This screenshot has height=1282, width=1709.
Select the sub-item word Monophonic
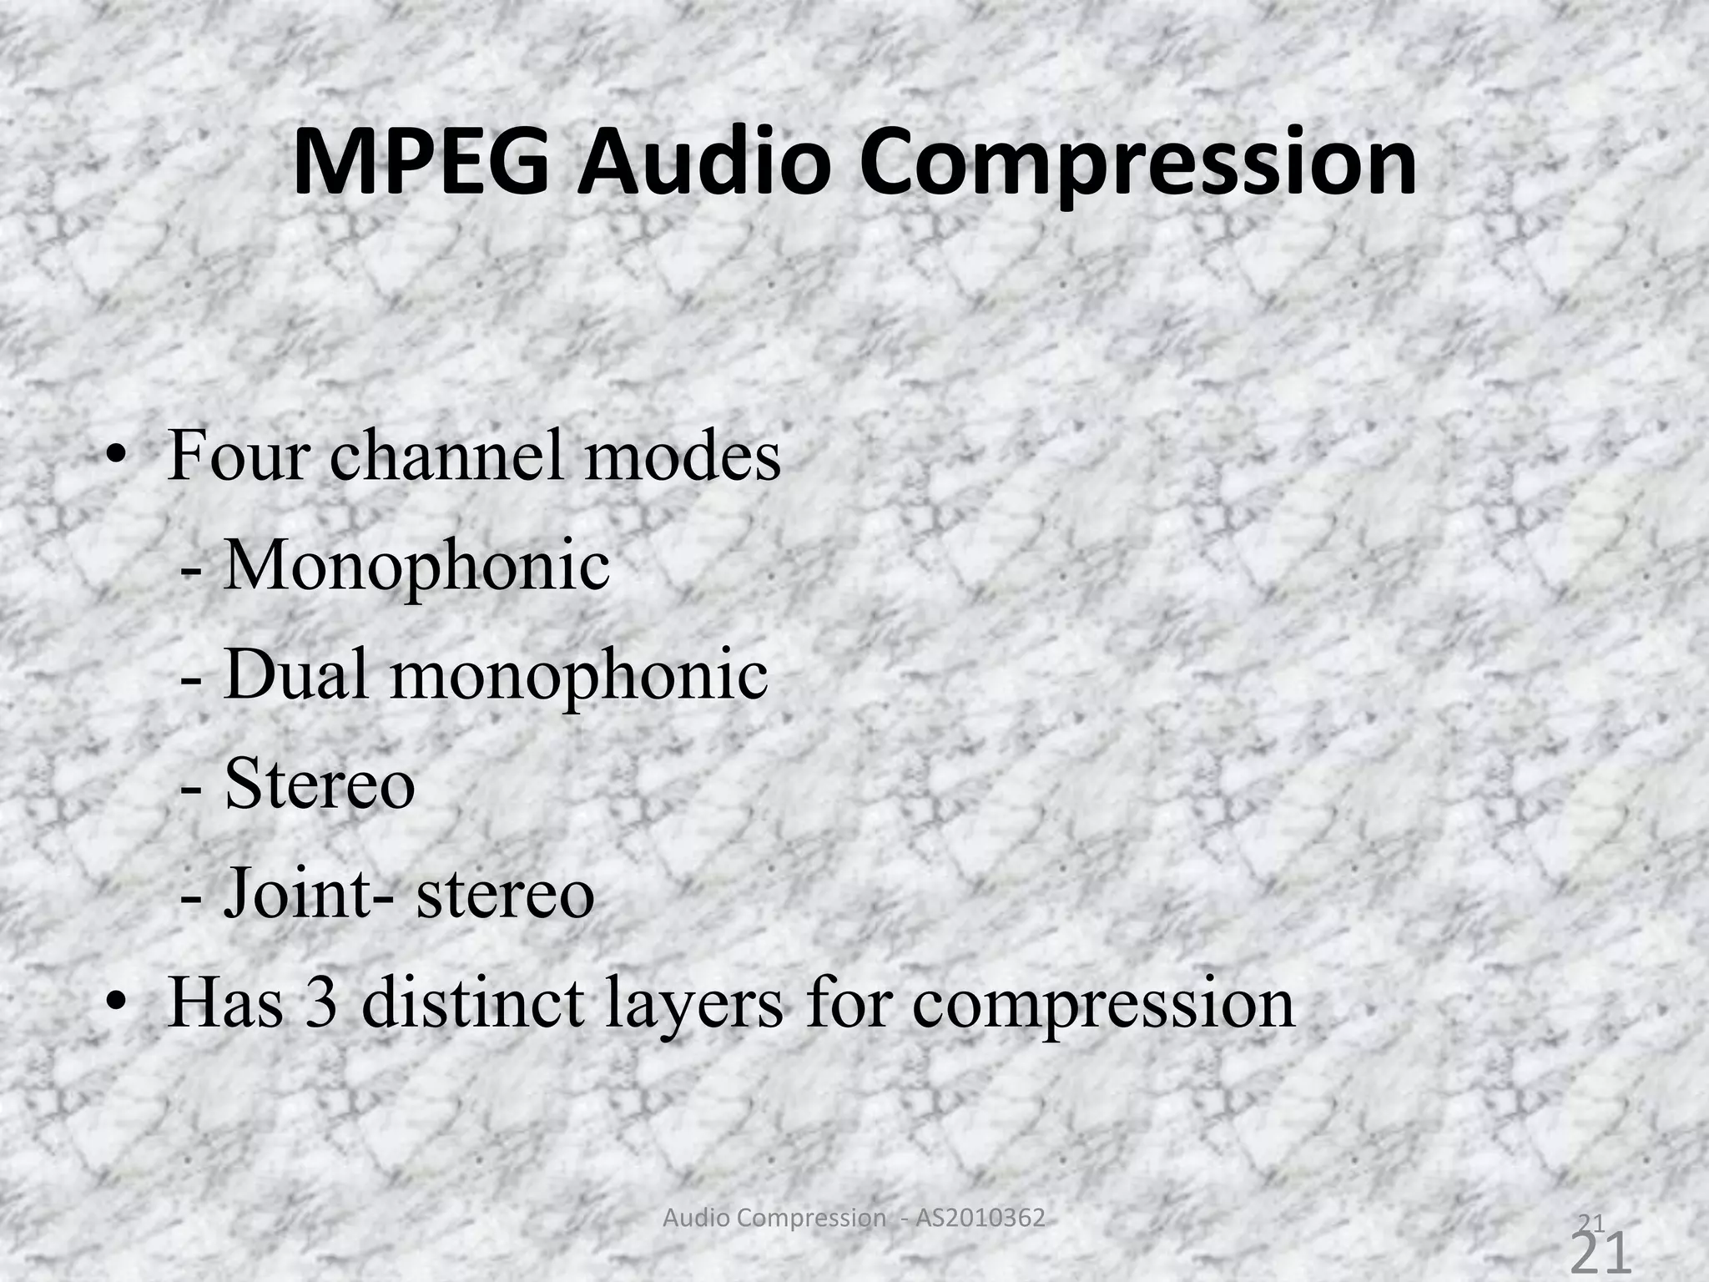(x=416, y=567)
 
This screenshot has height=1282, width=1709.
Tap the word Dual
(x=296, y=674)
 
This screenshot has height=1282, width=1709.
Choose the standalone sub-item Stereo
(x=320, y=784)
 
